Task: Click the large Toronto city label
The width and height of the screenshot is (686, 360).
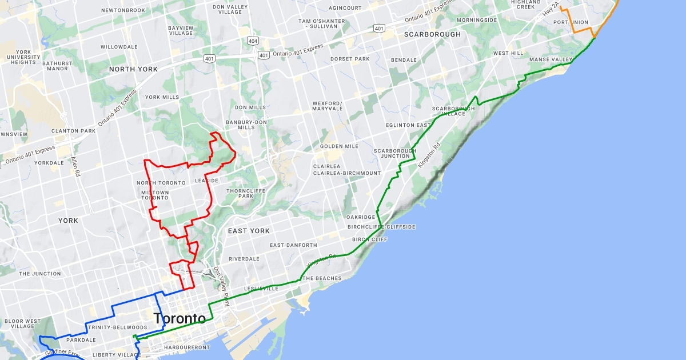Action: tap(180, 318)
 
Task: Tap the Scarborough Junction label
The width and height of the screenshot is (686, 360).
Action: tap(392, 154)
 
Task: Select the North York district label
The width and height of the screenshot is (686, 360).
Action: tap(133, 69)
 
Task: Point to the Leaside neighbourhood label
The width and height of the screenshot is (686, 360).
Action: tap(206, 181)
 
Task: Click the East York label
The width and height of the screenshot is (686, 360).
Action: tap(249, 231)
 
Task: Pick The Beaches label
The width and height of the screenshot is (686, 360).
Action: tap(321, 279)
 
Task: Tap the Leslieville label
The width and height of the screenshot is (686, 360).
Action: tap(261, 289)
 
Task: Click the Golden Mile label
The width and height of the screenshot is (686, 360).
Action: tap(339, 146)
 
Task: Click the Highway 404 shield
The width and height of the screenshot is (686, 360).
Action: tap(253, 41)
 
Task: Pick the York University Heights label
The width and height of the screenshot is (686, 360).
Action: tap(23, 57)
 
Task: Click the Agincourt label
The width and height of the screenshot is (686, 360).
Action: tap(346, 8)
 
